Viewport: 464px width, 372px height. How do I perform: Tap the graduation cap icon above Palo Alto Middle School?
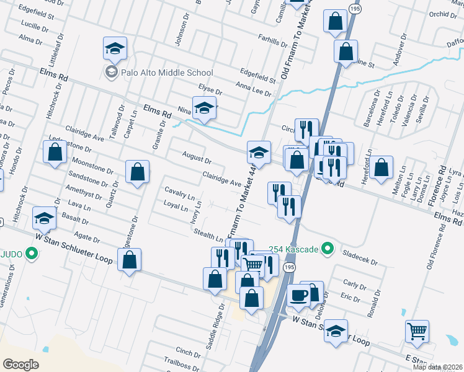click(115, 48)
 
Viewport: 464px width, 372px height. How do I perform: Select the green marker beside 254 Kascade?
click(329, 250)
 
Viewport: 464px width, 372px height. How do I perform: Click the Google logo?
click(20, 365)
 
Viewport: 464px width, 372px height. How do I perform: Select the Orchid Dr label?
click(442, 14)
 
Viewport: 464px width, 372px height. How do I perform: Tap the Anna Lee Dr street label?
click(253, 89)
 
